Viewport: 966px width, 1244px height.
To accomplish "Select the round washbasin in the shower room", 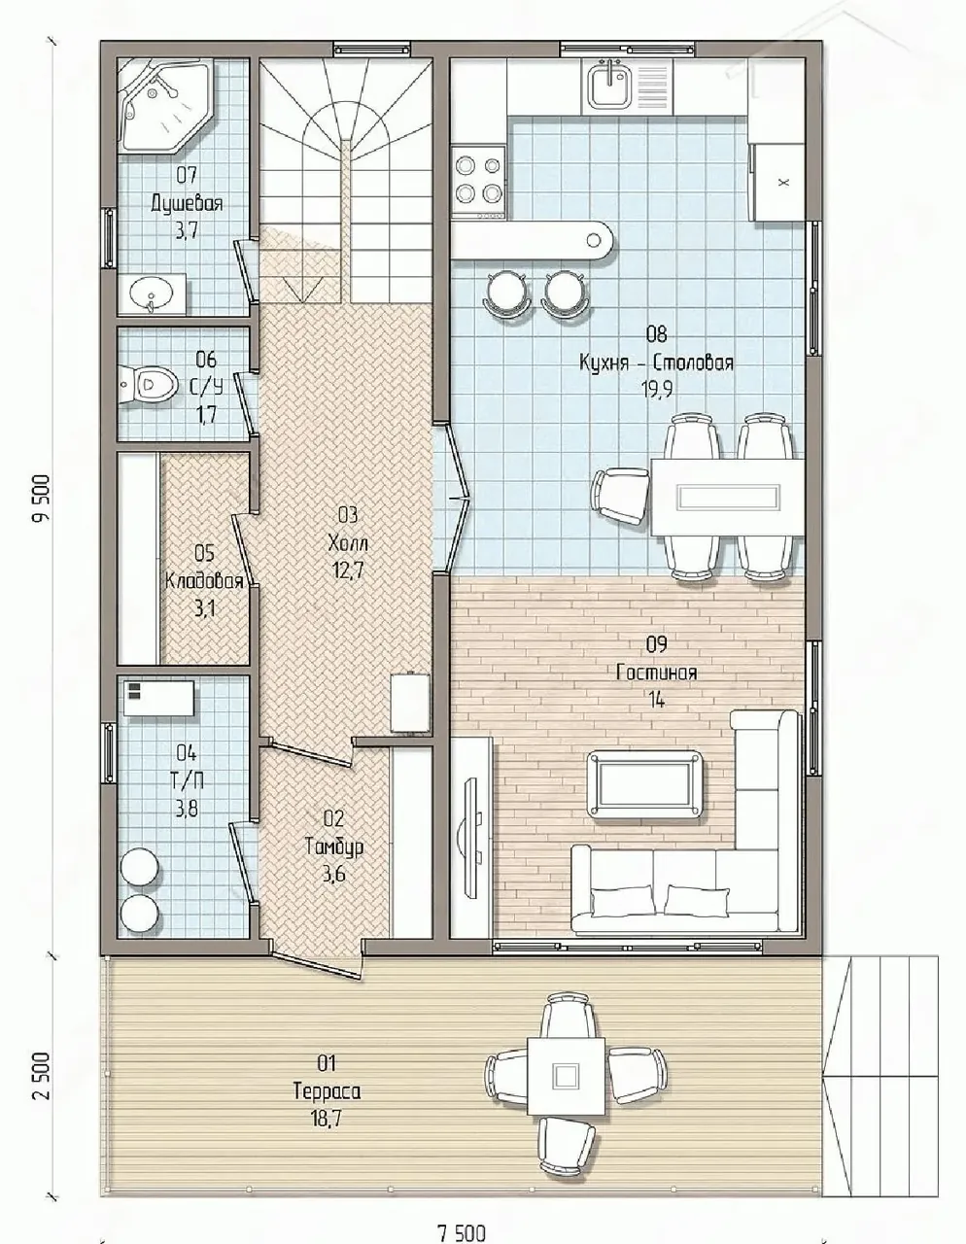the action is pyautogui.click(x=152, y=294).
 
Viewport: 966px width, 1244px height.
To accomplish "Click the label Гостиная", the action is pyautogui.click(x=656, y=673).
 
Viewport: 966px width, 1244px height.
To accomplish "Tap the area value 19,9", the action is pyautogui.click(x=657, y=390).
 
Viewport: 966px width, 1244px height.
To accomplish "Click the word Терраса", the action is pyautogui.click(x=328, y=1091).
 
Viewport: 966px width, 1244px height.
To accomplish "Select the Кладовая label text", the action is pyautogui.click(x=204, y=581).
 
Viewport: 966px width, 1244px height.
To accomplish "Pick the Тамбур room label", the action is pyautogui.click(x=334, y=847).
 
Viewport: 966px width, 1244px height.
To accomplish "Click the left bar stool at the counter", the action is pyautogui.click(x=504, y=293).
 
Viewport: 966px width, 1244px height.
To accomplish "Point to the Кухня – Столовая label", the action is pyautogui.click(x=656, y=363).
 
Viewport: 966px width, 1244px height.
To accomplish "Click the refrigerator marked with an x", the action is pyautogui.click(x=781, y=182).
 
